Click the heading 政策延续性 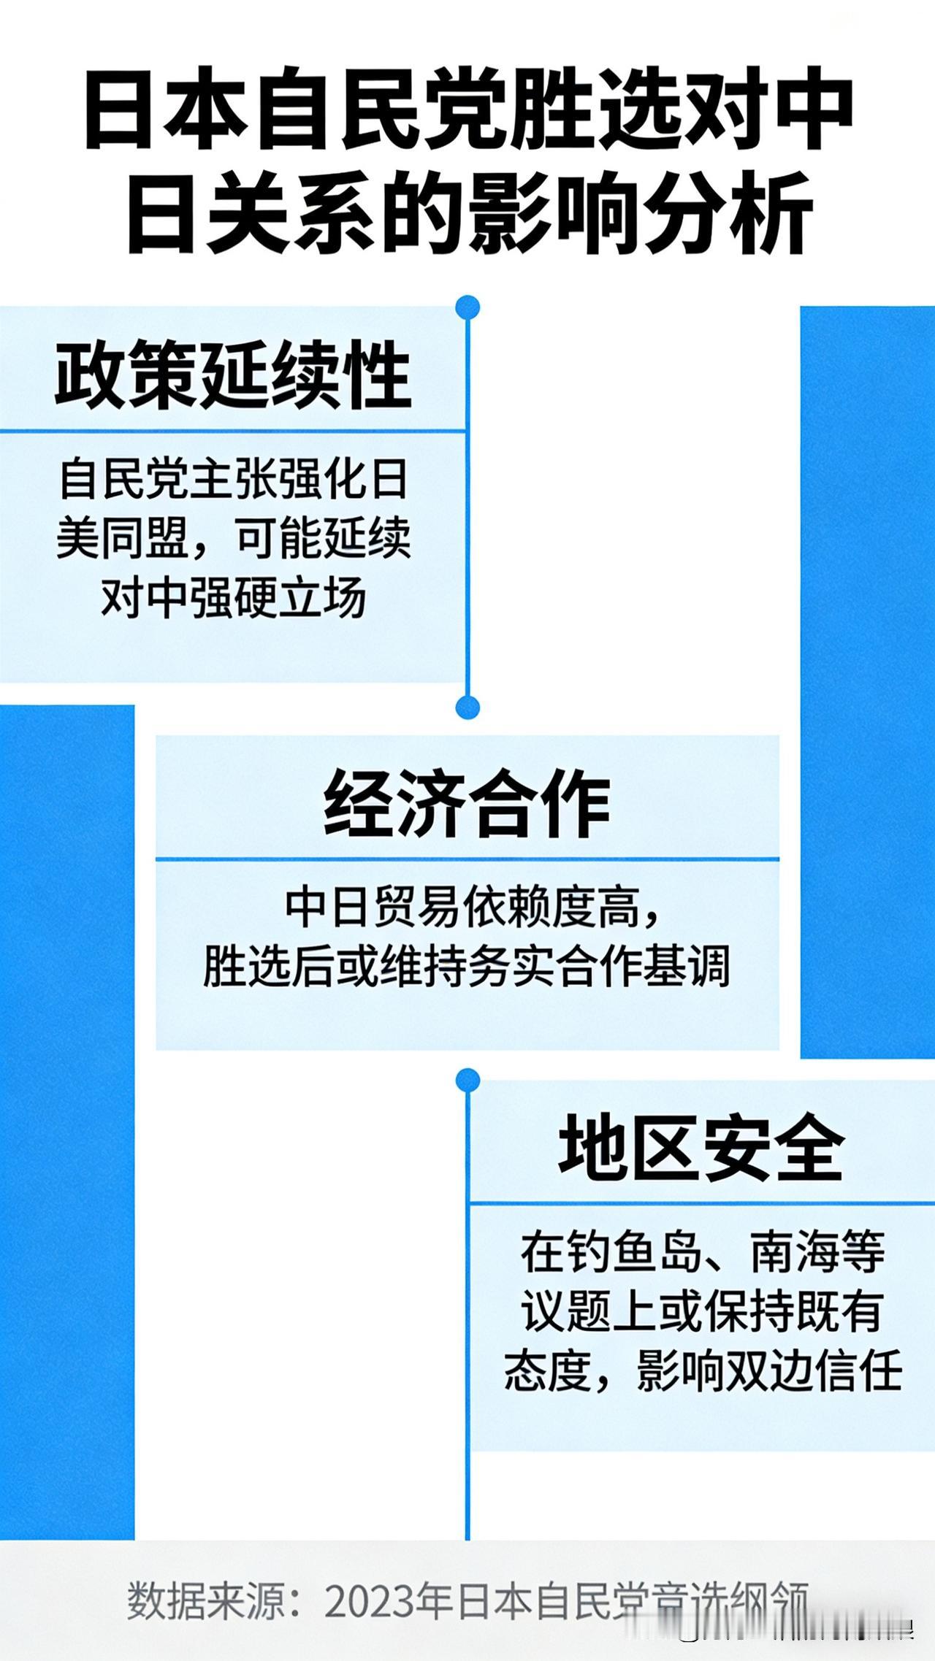pos(232,375)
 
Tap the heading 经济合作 pos(467,805)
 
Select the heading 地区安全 pos(701,1150)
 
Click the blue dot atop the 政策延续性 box pos(467,307)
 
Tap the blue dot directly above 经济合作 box pos(467,707)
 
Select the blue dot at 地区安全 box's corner pos(467,1081)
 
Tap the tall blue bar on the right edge pos(868,679)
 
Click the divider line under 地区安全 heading pos(701,1202)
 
